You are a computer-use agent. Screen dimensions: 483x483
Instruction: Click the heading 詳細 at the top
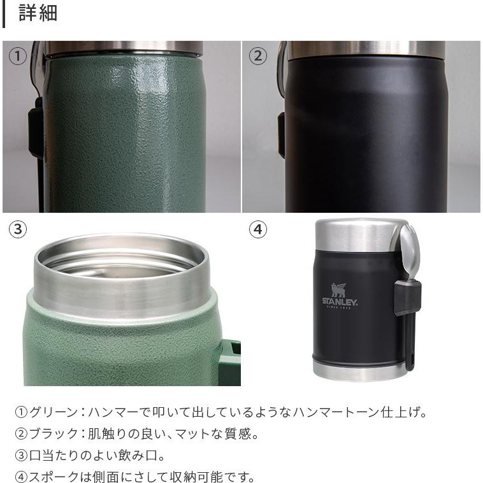38,13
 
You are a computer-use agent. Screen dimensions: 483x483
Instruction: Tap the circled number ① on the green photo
18,56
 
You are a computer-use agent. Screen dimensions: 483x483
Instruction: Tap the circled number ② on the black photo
257,56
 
